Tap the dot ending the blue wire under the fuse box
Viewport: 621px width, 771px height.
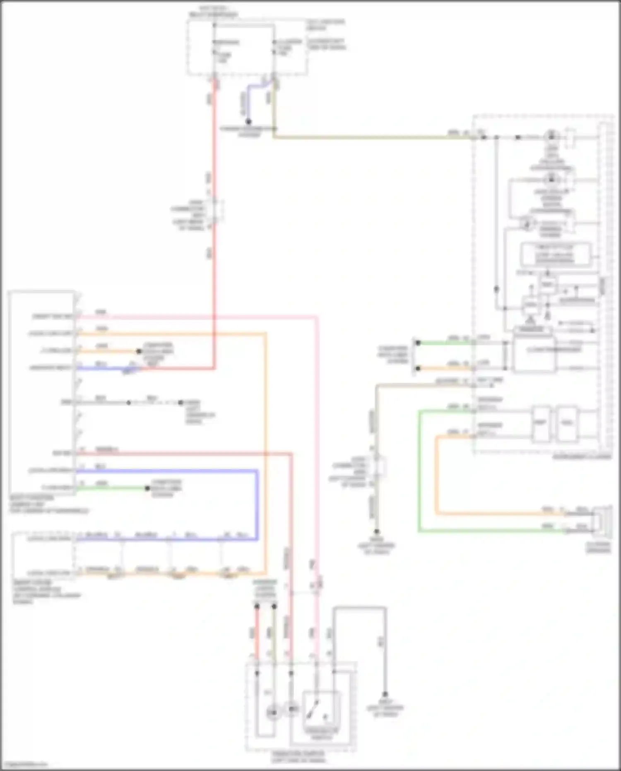(248, 121)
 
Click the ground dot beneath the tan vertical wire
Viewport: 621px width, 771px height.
(377, 532)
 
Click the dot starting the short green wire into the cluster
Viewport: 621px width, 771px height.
(418, 343)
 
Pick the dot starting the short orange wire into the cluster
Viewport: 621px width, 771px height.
(418, 368)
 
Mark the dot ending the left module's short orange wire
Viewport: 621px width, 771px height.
(139, 351)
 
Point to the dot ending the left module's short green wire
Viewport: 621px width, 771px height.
(147, 488)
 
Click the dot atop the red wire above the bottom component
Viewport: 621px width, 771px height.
(257, 606)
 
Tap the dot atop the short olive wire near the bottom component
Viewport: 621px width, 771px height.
(274, 606)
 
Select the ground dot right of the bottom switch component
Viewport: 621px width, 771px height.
(385, 694)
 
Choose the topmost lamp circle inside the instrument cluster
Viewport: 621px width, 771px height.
(551, 136)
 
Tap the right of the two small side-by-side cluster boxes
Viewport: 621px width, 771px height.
(567, 423)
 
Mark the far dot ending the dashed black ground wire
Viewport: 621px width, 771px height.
(181, 402)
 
